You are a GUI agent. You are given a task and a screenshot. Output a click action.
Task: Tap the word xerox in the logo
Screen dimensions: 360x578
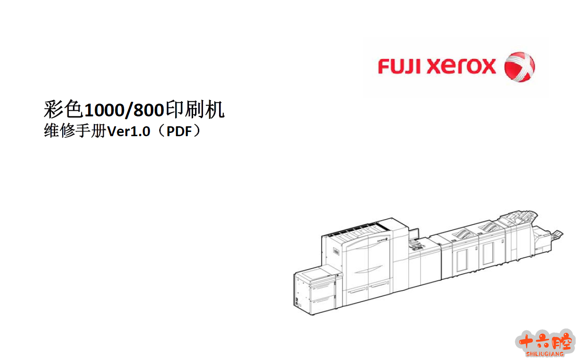462,66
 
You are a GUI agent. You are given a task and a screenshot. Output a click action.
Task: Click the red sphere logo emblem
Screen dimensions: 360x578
519,67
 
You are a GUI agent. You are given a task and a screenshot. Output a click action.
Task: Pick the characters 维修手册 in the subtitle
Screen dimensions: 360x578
75,131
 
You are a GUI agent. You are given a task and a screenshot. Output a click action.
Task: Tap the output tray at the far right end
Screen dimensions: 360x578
557,234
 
